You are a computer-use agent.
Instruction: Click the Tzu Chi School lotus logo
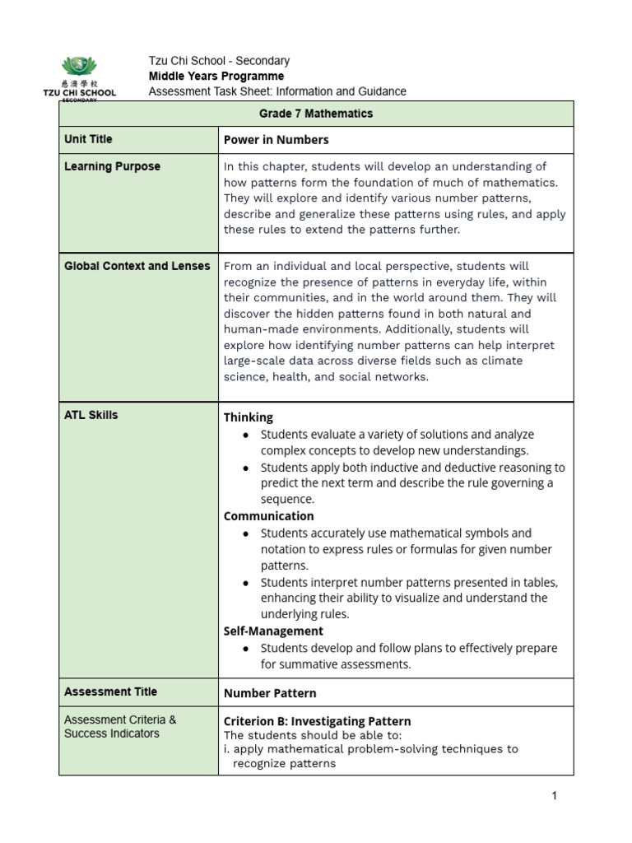pyautogui.click(x=79, y=67)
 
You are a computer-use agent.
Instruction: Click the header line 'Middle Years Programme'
pyautogui.click(x=216, y=76)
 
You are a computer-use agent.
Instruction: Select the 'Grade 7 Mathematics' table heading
pyautogui.click(x=316, y=114)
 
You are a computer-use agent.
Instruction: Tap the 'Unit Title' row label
pyautogui.click(x=88, y=139)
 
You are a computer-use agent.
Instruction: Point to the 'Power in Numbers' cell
pyautogui.click(x=276, y=140)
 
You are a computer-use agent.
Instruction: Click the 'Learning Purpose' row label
pyautogui.click(x=112, y=166)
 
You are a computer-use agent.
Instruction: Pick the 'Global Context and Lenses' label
pyautogui.click(x=137, y=266)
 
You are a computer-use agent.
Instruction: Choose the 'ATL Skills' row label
pyautogui.click(x=91, y=415)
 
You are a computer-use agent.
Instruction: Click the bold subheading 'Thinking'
pyautogui.click(x=248, y=417)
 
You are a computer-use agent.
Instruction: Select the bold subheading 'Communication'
pyautogui.click(x=268, y=516)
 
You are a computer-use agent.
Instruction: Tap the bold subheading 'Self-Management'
pyautogui.click(x=273, y=631)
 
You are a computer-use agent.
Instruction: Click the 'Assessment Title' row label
pyautogui.click(x=110, y=692)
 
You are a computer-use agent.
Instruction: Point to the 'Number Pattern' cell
pyautogui.click(x=270, y=693)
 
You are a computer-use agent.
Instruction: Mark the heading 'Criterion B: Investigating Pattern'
pyautogui.click(x=317, y=721)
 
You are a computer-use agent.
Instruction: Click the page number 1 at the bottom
pyautogui.click(x=555, y=796)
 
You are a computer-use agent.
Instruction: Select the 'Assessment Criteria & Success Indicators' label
pyautogui.click(x=120, y=726)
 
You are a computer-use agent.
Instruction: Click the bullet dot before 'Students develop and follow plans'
pyautogui.click(x=247, y=649)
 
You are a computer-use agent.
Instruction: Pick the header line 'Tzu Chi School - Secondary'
pyautogui.click(x=219, y=61)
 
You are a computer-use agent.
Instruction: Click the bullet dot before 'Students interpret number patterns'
pyautogui.click(x=247, y=583)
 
